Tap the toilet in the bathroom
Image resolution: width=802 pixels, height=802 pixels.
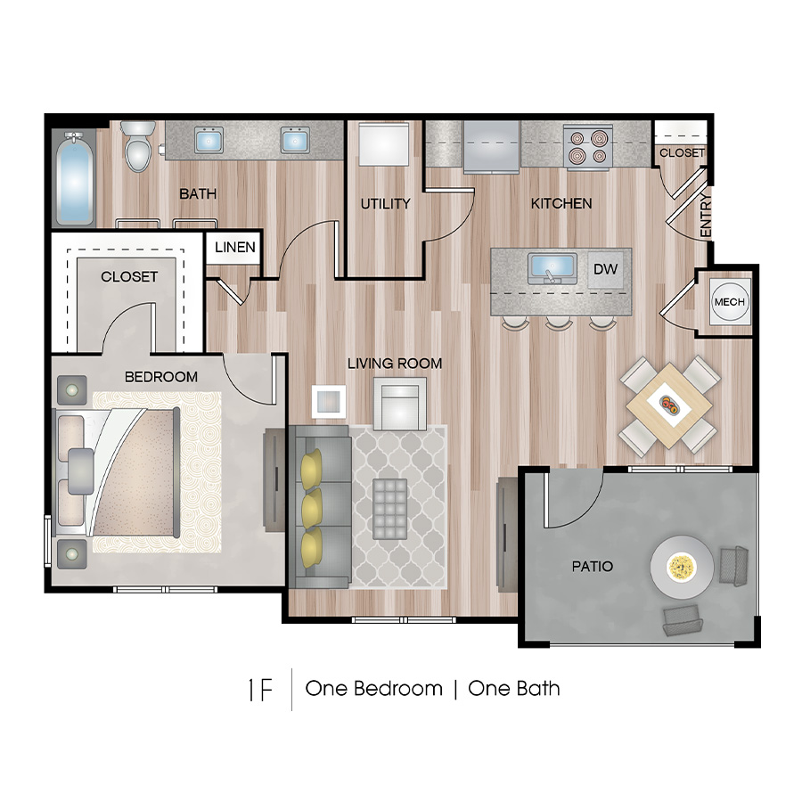(x=138, y=147)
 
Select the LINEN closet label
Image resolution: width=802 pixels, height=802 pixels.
(x=235, y=248)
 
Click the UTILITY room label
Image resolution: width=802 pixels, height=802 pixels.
(x=385, y=204)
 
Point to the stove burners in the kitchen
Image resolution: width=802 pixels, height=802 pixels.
(x=587, y=146)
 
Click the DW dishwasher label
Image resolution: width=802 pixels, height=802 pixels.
(x=605, y=268)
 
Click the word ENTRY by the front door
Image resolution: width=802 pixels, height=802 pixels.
(x=706, y=215)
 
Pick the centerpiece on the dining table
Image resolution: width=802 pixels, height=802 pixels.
(x=668, y=405)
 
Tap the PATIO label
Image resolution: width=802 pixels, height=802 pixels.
(x=593, y=567)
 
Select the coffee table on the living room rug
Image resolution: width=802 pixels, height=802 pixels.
(x=389, y=509)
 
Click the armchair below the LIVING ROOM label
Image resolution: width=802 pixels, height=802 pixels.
(x=399, y=402)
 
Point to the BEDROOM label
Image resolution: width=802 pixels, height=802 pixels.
(x=161, y=377)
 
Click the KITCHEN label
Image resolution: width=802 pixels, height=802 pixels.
(x=561, y=204)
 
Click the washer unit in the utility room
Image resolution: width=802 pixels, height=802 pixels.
(x=384, y=143)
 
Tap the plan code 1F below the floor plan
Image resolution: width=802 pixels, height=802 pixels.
(x=259, y=689)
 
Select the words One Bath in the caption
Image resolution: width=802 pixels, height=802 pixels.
(x=514, y=689)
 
